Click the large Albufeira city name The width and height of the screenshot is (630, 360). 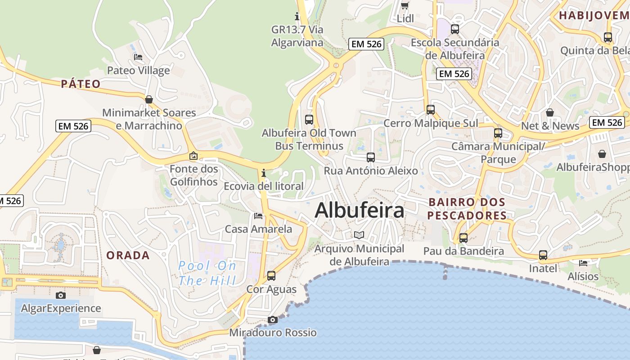359,211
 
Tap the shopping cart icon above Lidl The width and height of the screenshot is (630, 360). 405,6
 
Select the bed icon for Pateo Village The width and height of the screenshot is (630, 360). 138,57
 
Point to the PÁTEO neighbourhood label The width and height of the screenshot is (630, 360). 81,84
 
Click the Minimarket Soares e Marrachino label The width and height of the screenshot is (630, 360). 149,119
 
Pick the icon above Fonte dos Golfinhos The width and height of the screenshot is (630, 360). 193,156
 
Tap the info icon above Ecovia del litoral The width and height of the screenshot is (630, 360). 263,173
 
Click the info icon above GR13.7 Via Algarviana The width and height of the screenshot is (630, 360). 297,17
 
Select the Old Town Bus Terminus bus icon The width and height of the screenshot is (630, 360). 309,120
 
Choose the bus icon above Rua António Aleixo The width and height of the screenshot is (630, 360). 371,157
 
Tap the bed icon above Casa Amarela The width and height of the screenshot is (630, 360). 258,216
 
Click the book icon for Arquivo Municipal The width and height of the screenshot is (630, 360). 359,235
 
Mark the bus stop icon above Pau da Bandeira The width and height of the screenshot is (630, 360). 463,238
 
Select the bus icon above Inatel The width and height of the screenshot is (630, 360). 543,256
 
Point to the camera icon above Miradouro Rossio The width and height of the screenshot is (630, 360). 272,320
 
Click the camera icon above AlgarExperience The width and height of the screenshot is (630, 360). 61,296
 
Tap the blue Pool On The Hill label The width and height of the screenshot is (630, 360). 207,273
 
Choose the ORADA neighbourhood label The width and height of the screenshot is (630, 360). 128,256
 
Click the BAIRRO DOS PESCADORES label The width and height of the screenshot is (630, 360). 467,209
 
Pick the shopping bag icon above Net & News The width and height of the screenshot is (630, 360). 549,112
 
